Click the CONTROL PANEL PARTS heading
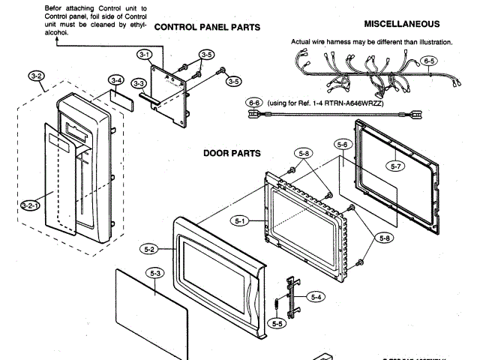tap(207, 27)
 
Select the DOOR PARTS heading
tap(232, 153)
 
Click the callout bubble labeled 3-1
tap(145, 54)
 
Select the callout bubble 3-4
tap(115, 79)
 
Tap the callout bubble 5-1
tap(241, 220)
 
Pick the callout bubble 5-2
tap(148, 248)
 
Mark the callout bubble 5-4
tap(317, 297)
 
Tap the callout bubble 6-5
tap(429, 60)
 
